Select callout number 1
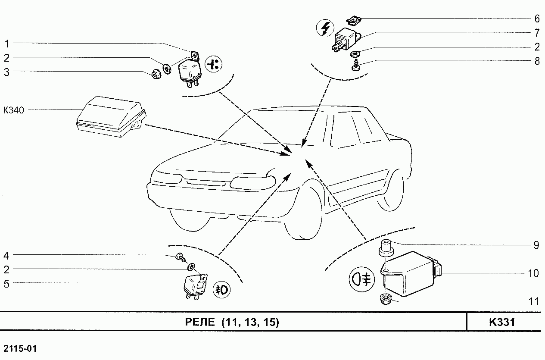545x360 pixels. coord(7,44)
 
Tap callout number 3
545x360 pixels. coord(7,72)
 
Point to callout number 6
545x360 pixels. coord(537,19)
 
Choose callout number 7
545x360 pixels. coord(537,33)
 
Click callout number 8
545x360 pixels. coord(537,61)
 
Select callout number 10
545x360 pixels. coord(533,273)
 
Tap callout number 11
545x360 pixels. coord(534,302)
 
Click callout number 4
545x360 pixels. coord(6,256)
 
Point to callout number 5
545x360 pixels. coord(6,284)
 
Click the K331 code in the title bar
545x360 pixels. coord(502,322)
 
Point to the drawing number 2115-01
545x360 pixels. coord(20,348)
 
